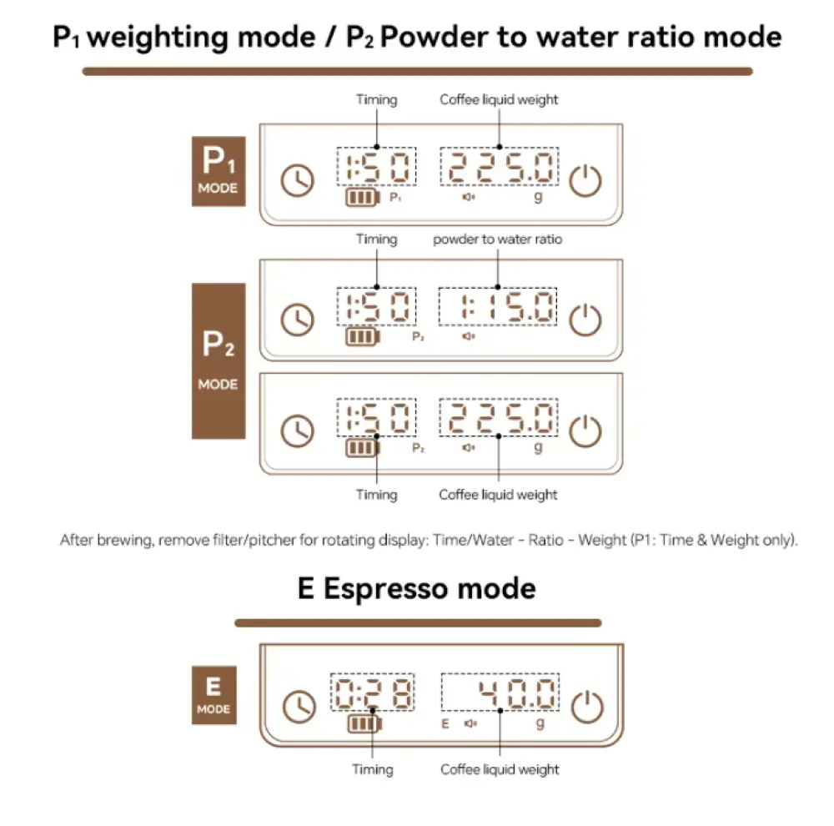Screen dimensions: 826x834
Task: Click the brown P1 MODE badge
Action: click(x=218, y=171)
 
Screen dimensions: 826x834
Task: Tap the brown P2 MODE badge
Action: click(x=219, y=360)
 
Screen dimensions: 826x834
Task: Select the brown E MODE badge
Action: click(x=214, y=695)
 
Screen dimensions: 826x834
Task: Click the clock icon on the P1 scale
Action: click(x=298, y=180)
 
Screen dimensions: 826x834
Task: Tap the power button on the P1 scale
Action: click(x=586, y=180)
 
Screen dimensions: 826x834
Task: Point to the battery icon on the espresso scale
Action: click(x=363, y=723)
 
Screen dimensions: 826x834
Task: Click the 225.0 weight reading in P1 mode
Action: click(x=500, y=168)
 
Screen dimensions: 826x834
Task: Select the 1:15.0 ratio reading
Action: click(x=498, y=308)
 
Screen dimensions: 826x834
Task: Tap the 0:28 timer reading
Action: click(x=373, y=693)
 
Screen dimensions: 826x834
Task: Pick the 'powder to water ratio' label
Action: click(x=498, y=239)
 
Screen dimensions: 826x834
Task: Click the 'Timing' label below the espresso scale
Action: click(x=373, y=768)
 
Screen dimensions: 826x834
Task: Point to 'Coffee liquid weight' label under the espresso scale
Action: click(x=500, y=768)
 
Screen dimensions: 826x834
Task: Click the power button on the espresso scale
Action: click(x=586, y=707)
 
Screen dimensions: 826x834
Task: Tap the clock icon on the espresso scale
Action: click(x=298, y=707)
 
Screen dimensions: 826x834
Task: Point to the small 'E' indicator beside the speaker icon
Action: click(x=445, y=723)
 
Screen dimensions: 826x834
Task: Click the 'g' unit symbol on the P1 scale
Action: click(x=538, y=197)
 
